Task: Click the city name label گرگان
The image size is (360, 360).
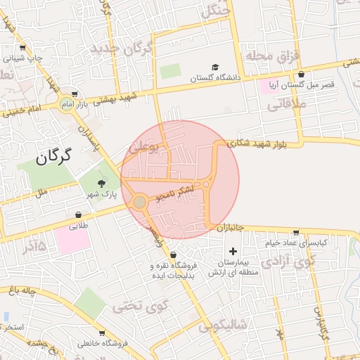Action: click(47, 156)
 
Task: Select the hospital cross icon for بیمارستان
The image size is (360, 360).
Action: click(233, 251)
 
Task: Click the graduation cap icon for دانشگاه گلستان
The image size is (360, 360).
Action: click(215, 67)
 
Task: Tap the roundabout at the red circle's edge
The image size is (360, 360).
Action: click(140, 202)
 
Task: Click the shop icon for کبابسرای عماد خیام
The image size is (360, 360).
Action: click(296, 232)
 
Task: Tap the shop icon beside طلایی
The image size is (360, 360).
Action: click(78, 215)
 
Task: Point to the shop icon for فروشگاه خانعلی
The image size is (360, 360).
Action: click(101, 333)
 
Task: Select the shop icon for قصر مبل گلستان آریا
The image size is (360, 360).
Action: click(302, 73)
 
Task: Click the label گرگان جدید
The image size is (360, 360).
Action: click(124, 49)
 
